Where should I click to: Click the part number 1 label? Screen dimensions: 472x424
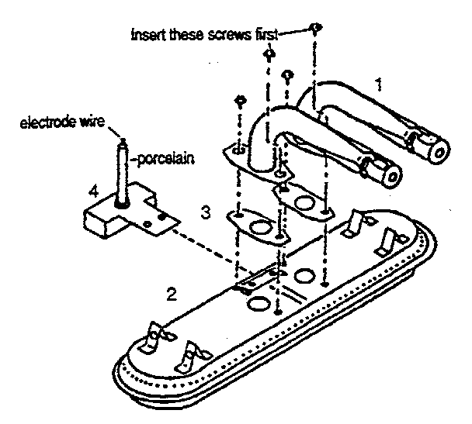click(x=380, y=84)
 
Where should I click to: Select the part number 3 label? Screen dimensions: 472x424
click(x=206, y=213)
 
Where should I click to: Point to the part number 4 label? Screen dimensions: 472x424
click(x=94, y=191)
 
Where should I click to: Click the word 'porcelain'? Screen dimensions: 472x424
click(x=165, y=159)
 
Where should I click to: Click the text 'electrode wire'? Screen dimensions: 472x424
click(x=62, y=122)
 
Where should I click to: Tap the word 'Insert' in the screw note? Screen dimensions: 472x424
click(x=149, y=35)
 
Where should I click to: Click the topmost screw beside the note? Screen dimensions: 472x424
click(x=315, y=28)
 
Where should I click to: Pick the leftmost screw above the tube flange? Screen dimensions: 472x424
click(x=240, y=101)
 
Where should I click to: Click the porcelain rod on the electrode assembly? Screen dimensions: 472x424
click(x=122, y=173)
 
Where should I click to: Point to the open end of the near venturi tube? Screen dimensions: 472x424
click(x=393, y=178)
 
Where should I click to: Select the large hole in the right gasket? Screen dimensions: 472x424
click(x=304, y=202)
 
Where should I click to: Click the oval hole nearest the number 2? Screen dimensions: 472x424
click(x=259, y=303)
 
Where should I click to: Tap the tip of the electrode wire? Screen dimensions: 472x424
click(x=123, y=140)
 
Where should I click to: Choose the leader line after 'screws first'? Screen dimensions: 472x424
click(x=293, y=32)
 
